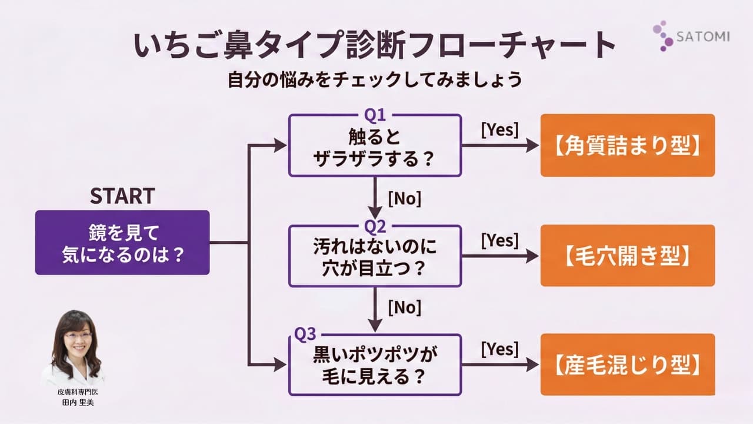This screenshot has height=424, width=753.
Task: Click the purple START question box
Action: click(x=122, y=242)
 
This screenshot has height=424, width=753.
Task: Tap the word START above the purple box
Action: click(x=122, y=196)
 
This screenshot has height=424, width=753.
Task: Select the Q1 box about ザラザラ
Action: click(x=375, y=145)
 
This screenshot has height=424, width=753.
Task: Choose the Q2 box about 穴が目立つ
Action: click(x=375, y=256)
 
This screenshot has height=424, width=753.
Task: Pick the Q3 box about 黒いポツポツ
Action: click(x=375, y=366)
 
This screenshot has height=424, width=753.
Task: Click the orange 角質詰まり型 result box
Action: click(x=628, y=145)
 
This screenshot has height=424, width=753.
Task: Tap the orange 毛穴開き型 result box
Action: click(x=628, y=256)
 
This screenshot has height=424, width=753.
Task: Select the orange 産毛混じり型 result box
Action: click(x=628, y=365)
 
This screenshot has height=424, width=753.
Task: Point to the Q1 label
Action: click(x=375, y=113)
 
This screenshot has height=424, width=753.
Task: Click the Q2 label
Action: click(x=375, y=225)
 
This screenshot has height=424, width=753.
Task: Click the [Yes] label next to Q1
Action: click(x=500, y=130)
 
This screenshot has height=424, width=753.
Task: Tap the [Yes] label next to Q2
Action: click(x=500, y=240)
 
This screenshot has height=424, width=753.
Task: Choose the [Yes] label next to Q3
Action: click(x=500, y=349)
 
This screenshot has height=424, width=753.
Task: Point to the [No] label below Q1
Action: click(x=405, y=198)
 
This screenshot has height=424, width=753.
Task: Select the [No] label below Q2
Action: click(x=405, y=307)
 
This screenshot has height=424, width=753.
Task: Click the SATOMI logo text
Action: click(x=704, y=37)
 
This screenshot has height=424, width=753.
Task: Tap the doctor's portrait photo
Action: click(x=73, y=347)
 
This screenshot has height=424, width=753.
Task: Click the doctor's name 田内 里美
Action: click(x=73, y=402)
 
